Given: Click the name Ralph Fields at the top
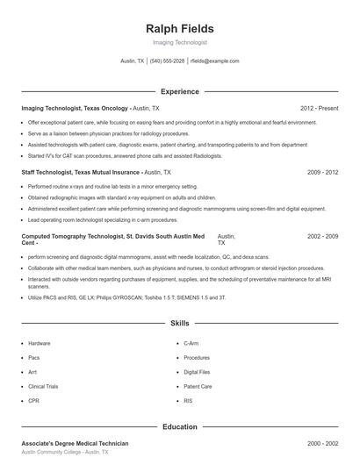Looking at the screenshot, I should [179, 29].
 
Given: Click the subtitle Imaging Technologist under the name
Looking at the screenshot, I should [179, 43].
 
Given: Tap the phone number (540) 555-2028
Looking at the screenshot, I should [167, 61].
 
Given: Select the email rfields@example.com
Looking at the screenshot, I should [214, 61].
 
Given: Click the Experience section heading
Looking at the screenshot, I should [179, 91].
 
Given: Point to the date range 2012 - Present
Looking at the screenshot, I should [319, 108].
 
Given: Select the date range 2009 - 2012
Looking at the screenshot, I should [322, 173].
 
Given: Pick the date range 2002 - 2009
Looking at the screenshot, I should [322, 237].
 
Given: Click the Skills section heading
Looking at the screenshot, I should [179, 324].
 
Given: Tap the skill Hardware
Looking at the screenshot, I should [40, 343].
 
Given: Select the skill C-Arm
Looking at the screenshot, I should [192, 343].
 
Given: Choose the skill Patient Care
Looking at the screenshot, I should [198, 386].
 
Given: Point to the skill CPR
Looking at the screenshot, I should [33, 401].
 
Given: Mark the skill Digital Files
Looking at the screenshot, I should [198, 372].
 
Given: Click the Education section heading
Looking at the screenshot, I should [179, 426].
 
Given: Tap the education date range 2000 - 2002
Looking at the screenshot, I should [322, 443].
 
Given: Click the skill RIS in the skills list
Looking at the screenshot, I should [188, 401].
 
